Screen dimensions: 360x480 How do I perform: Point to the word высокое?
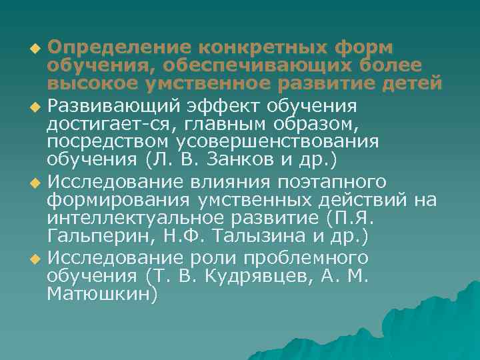[95, 85]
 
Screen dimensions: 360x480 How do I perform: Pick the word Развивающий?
[109, 107]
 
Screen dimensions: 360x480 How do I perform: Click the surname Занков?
[245, 160]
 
